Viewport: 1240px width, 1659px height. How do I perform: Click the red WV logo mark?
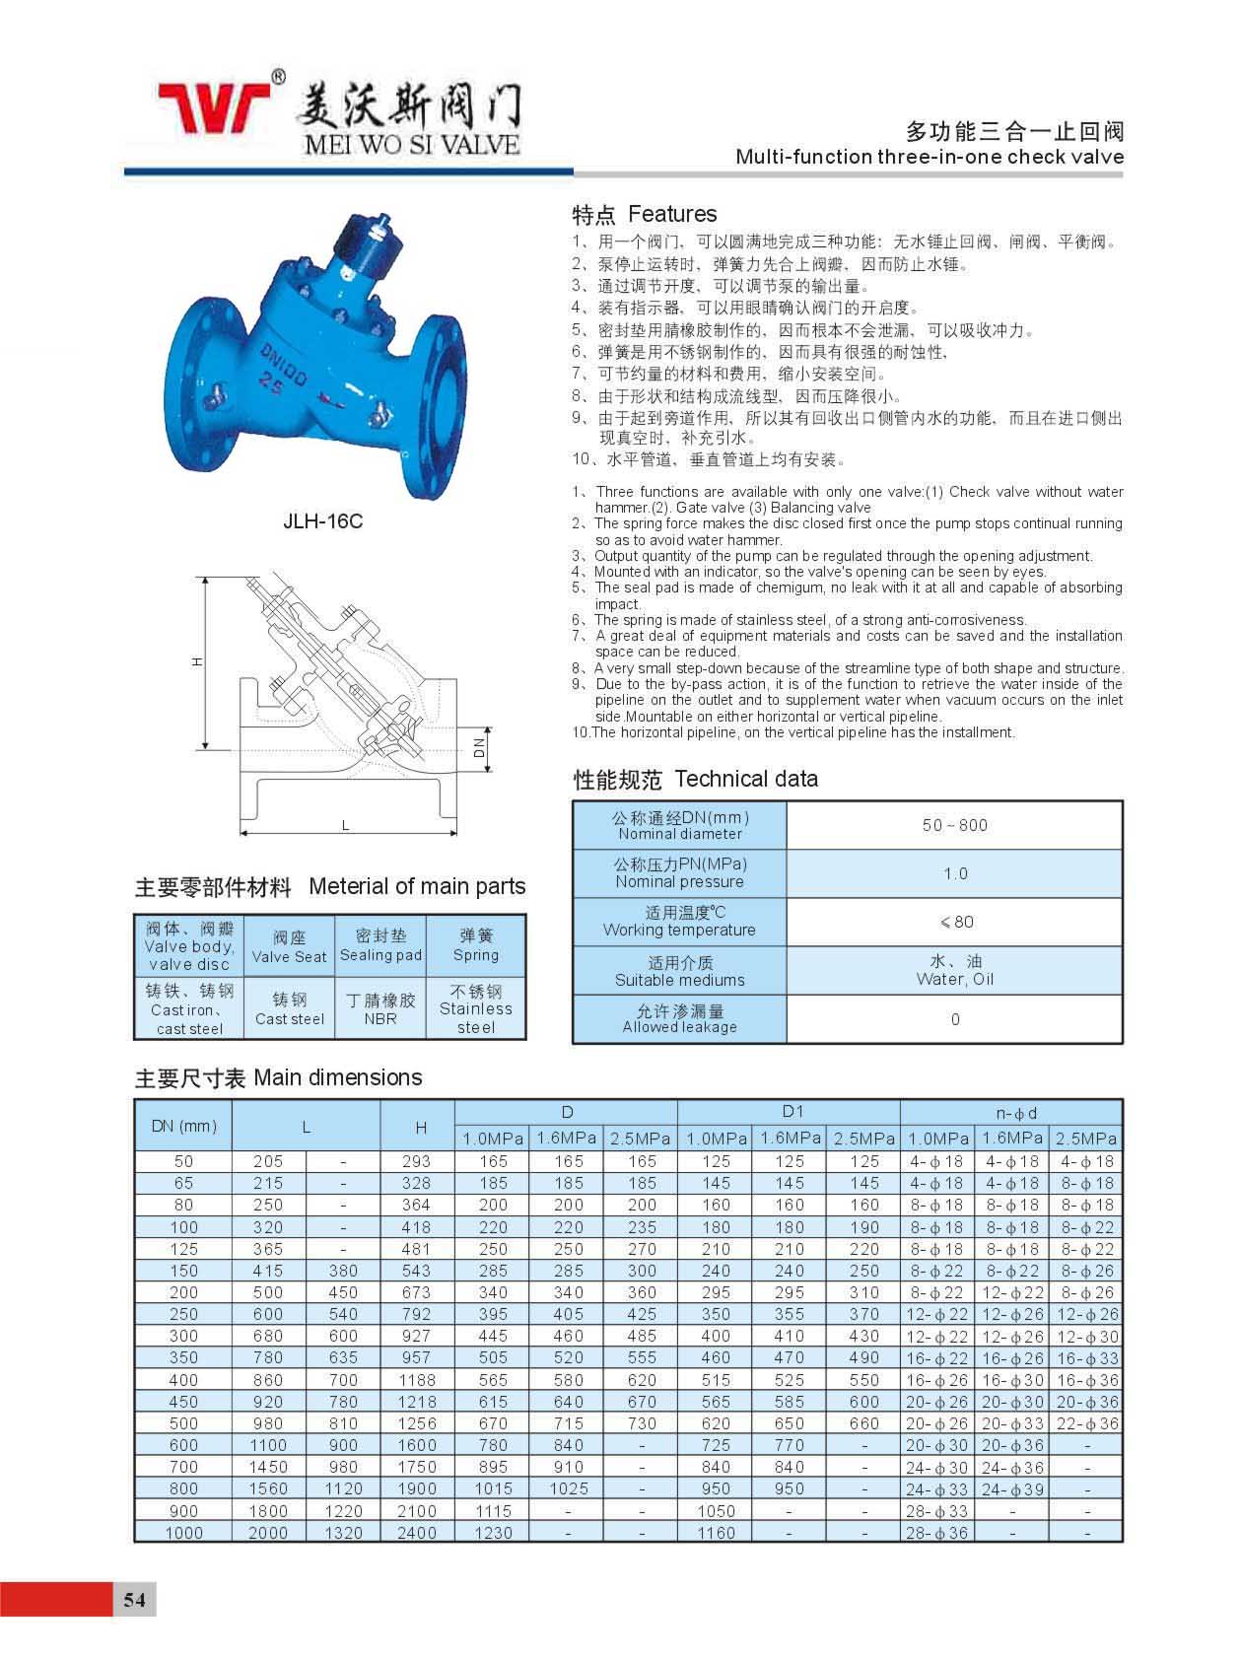(215, 106)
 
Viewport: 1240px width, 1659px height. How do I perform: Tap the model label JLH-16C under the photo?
(322, 521)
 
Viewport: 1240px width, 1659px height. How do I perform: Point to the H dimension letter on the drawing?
(197, 662)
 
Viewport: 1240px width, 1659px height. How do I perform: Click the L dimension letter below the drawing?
(345, 825)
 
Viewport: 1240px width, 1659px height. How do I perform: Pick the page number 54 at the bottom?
(135, 1599)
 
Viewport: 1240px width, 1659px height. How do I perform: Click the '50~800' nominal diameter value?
(954, 825)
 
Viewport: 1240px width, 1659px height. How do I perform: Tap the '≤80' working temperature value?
(955, 922)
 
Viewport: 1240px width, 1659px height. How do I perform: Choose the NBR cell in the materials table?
(380, 1009)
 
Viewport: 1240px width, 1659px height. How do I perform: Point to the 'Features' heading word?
(672, 214)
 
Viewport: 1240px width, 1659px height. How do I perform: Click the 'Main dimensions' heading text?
(337, 1077)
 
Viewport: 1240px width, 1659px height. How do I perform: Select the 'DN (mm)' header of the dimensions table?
(184, 1126)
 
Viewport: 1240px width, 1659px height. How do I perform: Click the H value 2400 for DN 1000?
(417, 1533)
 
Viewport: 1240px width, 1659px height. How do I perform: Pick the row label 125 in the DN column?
(184, 1249)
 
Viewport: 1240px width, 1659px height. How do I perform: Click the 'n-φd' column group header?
(1016, 1113)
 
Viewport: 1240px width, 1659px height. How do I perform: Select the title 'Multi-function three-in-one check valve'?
(930, 157)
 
